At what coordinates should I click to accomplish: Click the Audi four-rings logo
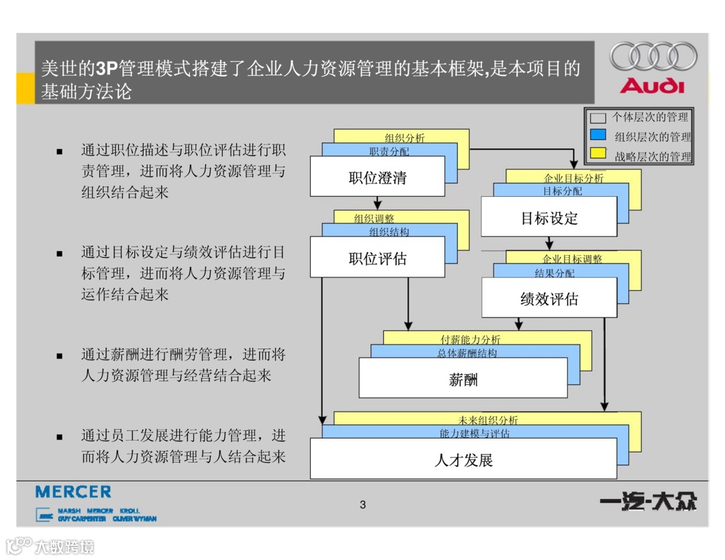(653, 56)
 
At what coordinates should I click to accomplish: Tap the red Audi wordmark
(652, 87)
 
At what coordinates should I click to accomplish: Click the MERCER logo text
(73, 492)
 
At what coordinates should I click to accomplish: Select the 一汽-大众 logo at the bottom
(648, 502)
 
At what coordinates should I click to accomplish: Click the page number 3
(363, 505)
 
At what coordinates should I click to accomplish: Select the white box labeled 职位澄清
(377, 177)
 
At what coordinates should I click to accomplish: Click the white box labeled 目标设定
(549, 218)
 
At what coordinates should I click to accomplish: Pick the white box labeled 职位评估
(377, 259)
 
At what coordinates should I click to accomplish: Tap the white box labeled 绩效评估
(549, 299)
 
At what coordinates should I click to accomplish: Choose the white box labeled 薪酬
(463, 379)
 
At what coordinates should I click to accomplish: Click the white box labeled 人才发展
(463, 460)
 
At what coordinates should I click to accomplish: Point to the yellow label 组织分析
(404, 138)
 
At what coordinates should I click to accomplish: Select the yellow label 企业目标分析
(573, 178)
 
